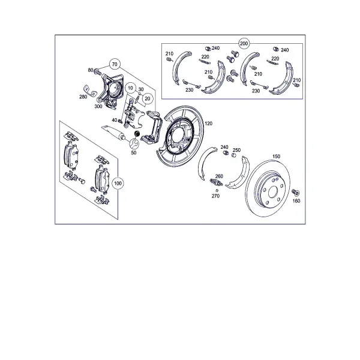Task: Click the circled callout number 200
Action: pos(244,43)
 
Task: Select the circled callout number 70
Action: pos(115,64)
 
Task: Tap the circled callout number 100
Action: pos(118,183)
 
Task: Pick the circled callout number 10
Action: pos(130,88)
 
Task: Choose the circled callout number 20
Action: pos(148,99)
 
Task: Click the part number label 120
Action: pos(208,124)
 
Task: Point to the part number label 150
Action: pos(276,157)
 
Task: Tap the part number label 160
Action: pos(296,201)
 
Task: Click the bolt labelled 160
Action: pos(295,193)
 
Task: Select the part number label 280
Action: pos(83,97)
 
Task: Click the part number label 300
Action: pos(98,107)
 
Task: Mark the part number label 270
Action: pos(215,196)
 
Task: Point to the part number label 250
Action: pos(236,150)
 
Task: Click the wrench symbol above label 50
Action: pos(134,144)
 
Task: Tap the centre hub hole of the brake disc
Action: pos(273,191)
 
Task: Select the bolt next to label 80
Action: pos(98,72)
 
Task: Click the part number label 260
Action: pos(219,176)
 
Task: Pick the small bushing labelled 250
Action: pos(234,155)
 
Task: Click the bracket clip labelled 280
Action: pos(90,91)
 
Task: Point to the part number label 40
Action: pos(115,120)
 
